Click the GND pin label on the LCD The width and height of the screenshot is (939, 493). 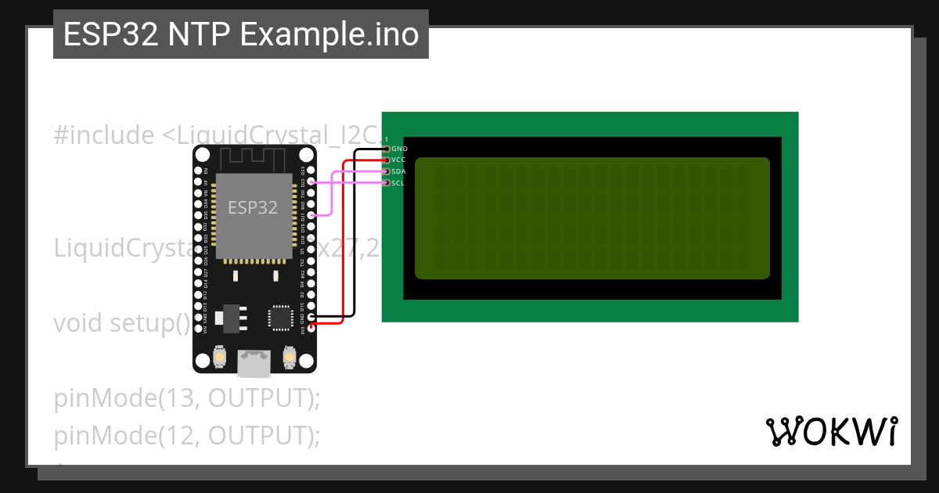pyautogui.click(x=399, y=149)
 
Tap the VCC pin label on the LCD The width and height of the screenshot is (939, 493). pyautogui.click(x=398, y=160)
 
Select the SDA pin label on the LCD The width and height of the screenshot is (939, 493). pyautogui.click(x=398, y=171)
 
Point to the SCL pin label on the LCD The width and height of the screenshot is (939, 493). pyautogui.click(x=398, y=183)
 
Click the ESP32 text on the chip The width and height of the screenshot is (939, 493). pyautogui.click(x=253, y=207)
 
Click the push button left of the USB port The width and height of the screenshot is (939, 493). pyautogui.click(x=221, y=358)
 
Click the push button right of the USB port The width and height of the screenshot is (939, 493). pyautogui.click(x=289, y=358)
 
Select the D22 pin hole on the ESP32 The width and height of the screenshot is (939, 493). pyautogui.click(x=311, y=182)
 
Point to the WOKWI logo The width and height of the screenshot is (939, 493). pyautogui.click(x=831, y=432)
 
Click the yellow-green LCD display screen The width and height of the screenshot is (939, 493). pyautogui.click(x=592, y=218)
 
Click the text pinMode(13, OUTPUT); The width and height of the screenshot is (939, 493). pyautogui.click(x=188, y=398)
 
